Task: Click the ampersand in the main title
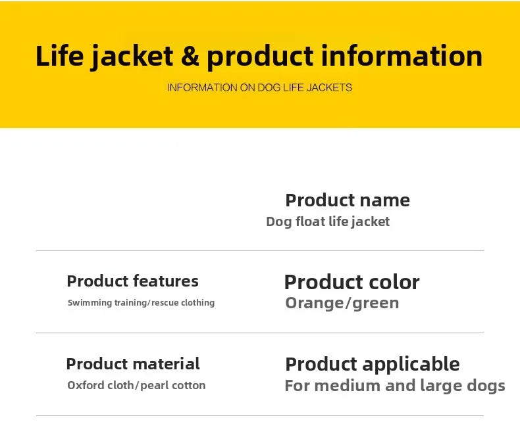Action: pyautogui.click(x=190, y=56)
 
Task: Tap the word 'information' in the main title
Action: pyautogui.click(x=402, y=56)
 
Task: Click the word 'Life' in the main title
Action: pyautogui.click(x=60, y=56)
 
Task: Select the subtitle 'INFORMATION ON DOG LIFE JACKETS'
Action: pyautogui.click(x=259, y=87)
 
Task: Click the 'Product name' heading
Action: pyautogui.click(x=348, y=200)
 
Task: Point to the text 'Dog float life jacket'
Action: pyautogui.click(x=328, y=221)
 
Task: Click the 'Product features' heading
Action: pyautogui.click(x=133, y=281)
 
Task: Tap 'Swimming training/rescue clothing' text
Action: pyautogui.click(x=142, y=302)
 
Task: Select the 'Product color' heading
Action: pyautogui.click(x=352, y=282)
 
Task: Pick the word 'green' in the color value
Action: pyautogui.click(x=376, y=303)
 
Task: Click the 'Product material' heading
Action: pyautogui.click(x=133, y=363)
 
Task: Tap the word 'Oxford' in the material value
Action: pyautogui.click(x=87, y=385)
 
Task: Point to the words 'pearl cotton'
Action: pyautogui.click(x=173, y=385)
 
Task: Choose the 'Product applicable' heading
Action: pyautogui.click(x=373, y=364)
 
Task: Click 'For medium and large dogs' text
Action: pyautogui.click(x=395, y=386)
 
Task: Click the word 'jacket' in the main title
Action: pyautogui.click(x=132, y=57)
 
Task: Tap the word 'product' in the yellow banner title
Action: pyautogui.click(x=261, y=57)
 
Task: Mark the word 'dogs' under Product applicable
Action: pyautogui.click(x=486, y=386)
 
